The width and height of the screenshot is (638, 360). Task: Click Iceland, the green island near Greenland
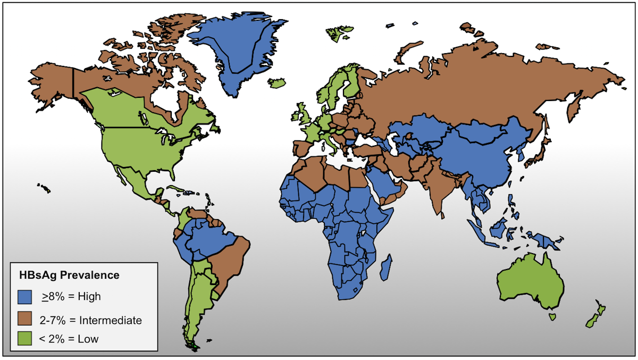[x=278, y=83]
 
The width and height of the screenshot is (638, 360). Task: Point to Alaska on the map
[x=51, y=82]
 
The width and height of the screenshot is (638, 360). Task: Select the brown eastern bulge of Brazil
[x=231, y=261]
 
